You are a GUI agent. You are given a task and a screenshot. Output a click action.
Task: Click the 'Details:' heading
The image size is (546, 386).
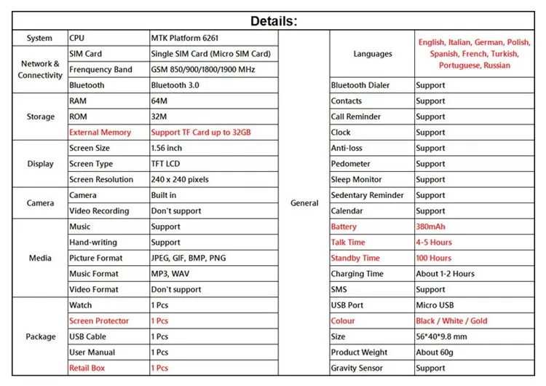(274, 20)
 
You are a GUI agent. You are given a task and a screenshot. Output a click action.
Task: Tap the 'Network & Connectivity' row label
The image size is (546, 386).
(40, 69)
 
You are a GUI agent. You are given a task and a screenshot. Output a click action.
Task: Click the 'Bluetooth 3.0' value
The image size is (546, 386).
(175, 85)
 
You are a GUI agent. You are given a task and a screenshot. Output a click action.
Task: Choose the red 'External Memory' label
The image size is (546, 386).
(100, 133)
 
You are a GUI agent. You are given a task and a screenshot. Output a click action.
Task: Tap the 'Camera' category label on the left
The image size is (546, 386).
(40, 203)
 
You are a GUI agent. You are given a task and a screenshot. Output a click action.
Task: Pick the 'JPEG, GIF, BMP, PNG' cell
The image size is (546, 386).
(189, 259)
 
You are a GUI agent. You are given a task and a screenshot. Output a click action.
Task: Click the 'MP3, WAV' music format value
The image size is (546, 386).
(170, 274)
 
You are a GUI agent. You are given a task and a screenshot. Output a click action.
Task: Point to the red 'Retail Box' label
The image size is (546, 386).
(87, 369)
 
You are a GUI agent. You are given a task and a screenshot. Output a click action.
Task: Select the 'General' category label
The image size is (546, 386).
(304, 203)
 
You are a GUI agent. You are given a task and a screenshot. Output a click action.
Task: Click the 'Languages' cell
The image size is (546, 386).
(373, 54)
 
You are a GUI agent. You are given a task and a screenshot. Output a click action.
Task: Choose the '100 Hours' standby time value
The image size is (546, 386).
(434, 259)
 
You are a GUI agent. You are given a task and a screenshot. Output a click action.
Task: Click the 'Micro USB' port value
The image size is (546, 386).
(436, 305)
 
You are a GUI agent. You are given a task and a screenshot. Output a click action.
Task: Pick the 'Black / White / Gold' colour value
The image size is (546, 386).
(452, 321)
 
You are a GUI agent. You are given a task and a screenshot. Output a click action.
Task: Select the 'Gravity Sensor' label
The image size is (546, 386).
(357, 369)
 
